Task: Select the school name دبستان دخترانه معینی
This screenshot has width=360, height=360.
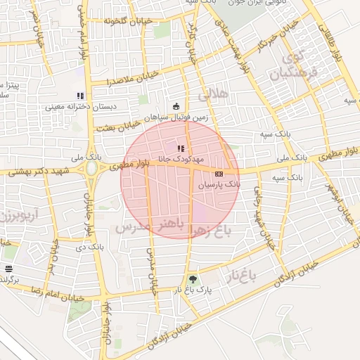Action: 75,108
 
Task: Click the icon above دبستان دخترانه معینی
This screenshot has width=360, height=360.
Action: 80,96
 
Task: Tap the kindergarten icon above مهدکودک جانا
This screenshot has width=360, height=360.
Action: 181,148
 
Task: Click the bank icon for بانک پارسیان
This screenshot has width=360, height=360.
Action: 219,173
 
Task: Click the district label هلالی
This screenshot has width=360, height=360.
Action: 214,94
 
